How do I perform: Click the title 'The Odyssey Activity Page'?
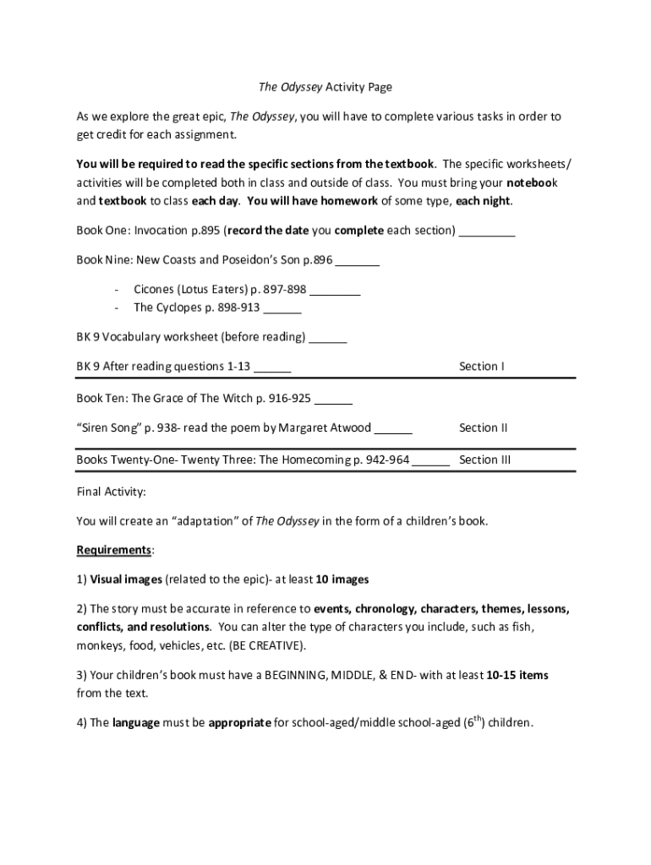coord(325,87)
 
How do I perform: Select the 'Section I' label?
coord(481,367)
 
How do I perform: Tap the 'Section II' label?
coord(483,427)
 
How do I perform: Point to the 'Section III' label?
coord(484,460)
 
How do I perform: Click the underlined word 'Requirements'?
coord(113,550)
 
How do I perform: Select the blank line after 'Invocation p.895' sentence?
coord(486,231)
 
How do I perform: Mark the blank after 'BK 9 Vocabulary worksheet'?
coord(328,338)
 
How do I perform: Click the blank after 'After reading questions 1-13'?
coord(272,367)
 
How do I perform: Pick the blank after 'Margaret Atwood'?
coord(393,428)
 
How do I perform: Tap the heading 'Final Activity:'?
coord(111,491)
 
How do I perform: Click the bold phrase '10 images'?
coord(342,579)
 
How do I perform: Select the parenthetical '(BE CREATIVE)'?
coord(267,645)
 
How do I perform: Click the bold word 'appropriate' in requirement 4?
coord(240,723)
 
